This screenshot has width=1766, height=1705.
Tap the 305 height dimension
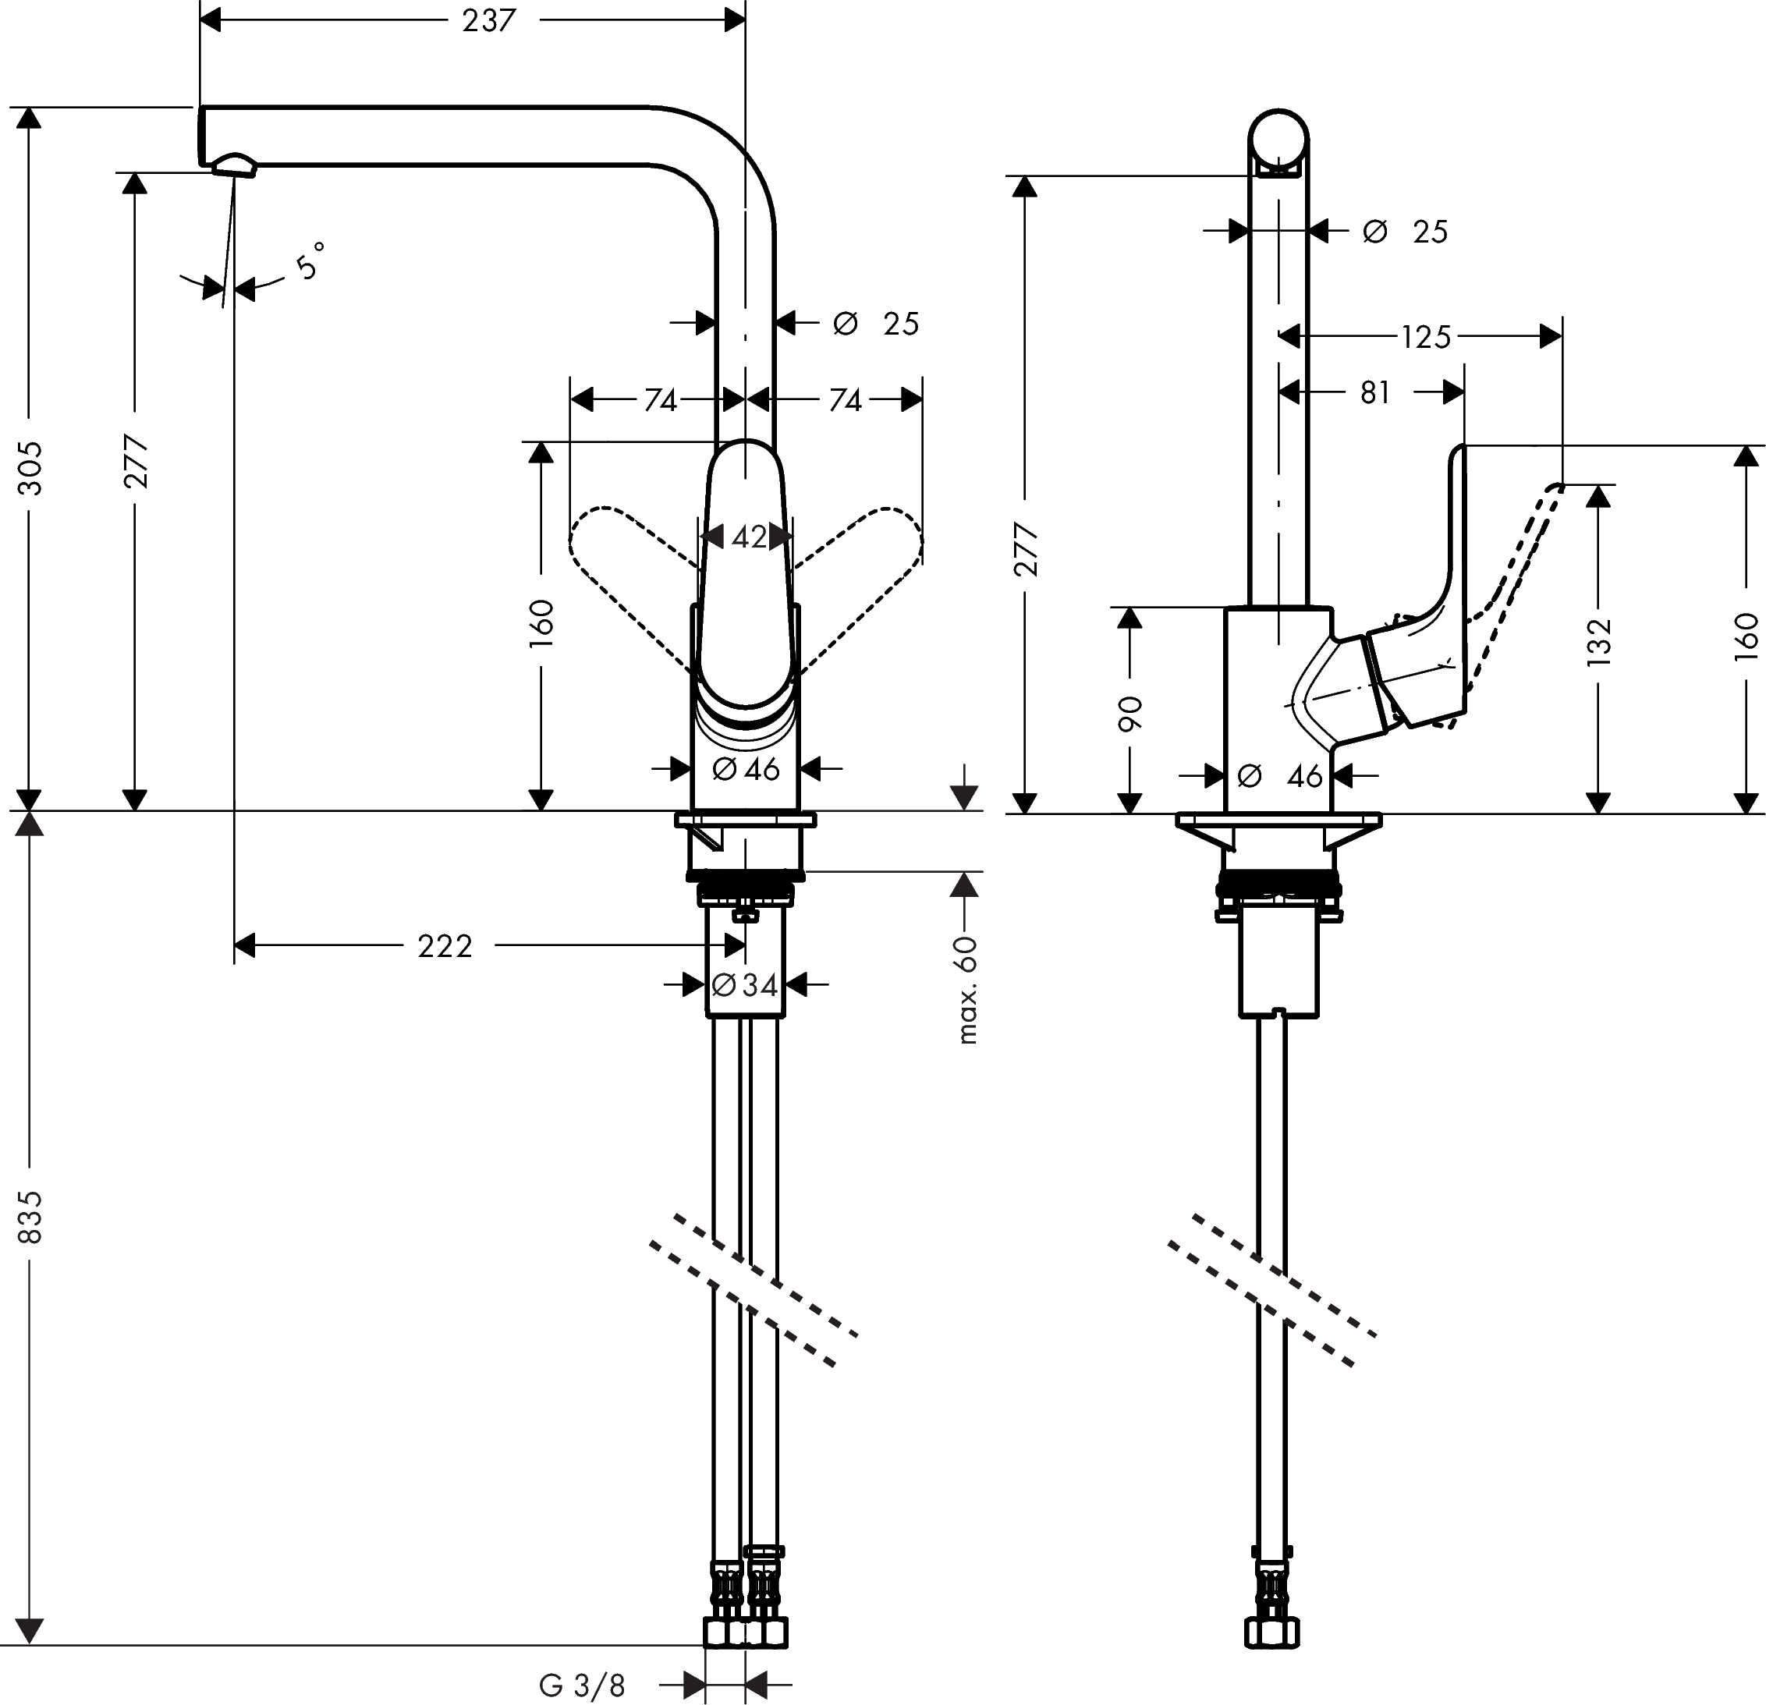point(30,466)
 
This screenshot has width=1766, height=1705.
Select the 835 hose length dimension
point(30,1217)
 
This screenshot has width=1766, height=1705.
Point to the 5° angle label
point(309,261)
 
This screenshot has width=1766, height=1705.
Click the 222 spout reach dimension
point(445,946)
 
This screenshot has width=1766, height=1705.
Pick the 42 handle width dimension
point(749,538)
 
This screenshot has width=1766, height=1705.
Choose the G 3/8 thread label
point(582,1686)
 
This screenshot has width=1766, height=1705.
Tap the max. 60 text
point(966,990)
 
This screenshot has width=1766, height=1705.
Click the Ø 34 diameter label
point(745,985)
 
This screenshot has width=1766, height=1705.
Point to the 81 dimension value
point(1375,393)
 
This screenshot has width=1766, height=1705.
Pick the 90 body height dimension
point(1129,713)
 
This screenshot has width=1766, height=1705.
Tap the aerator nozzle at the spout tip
point(232,164)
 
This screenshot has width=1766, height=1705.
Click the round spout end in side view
point(1278,144)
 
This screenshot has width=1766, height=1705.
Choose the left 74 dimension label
point(661,400)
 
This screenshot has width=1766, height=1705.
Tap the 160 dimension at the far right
point(1745,636)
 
